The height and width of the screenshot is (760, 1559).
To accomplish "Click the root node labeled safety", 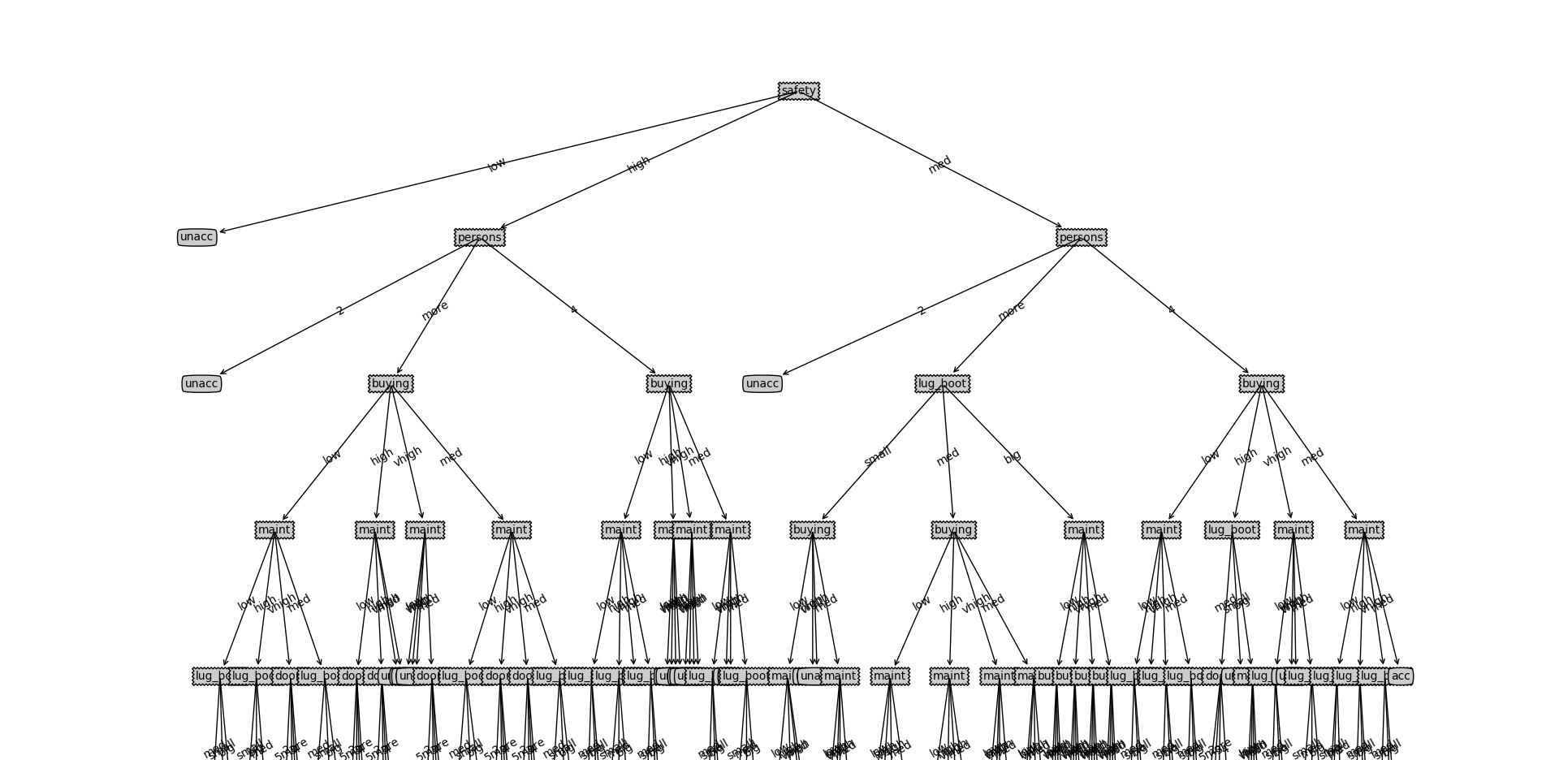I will [x=798, y=91].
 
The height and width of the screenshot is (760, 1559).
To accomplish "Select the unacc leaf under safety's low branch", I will [x=196, y=237].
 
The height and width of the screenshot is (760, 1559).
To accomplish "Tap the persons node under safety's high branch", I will [x=480, y=237].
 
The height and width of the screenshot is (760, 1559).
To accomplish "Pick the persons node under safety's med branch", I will [x=1081, y=237].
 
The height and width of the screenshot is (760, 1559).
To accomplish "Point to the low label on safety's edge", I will [x=496, y=164].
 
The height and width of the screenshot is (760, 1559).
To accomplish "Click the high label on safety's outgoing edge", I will [x=638, y=164].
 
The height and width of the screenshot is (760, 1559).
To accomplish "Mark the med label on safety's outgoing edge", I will [x=939, y=164].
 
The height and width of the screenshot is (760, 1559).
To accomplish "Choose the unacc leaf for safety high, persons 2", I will [x=201, y=383].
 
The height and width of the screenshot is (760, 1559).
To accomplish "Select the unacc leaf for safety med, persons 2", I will [x=762, y=383].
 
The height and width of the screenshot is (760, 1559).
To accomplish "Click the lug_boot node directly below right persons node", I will [x=942, y=383].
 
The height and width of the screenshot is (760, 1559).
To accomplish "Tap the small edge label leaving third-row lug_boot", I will [x=878, y=456].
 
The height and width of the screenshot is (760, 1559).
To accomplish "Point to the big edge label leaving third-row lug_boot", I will [x=1013, y=456].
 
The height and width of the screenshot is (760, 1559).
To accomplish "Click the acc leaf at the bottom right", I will [x=1400, y=676].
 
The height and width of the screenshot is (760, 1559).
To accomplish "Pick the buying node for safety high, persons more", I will [x=391, y=383].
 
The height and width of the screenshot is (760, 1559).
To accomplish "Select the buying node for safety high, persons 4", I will [x=669, y=383].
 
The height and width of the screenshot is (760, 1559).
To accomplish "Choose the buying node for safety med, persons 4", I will [x=1261, y=383].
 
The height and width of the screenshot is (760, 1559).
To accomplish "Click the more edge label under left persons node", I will [x=435, y=310].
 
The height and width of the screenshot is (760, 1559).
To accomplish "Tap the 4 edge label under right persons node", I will [x=1171, y=309].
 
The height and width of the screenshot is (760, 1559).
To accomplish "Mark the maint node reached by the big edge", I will [x=1083, y=529].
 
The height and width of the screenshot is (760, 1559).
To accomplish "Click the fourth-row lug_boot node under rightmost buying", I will [x=1232, y=529].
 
